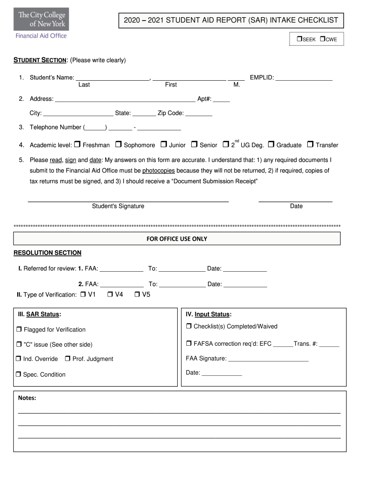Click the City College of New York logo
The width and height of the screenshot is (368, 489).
pos(41,23)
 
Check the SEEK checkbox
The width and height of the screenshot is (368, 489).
pos(299,39)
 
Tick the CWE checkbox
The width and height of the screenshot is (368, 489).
pos(323,39)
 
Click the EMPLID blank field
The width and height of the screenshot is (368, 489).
pos(304,77)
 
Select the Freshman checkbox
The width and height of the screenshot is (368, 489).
pos(78,144)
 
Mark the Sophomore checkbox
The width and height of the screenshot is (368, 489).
pos(119,144)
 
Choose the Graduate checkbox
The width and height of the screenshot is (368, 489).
pos(271,144)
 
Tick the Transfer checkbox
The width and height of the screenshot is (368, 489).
pos(310,144)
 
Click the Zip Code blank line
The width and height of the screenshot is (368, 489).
pos(199,114)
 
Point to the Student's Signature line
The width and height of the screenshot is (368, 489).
pos(128,200)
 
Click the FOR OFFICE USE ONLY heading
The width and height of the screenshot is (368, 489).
pos(177,238)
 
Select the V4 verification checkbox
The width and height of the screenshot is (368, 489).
pos(110,294)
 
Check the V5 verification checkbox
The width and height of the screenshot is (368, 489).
pos(137,294)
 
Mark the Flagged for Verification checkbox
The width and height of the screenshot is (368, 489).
pos(19,329)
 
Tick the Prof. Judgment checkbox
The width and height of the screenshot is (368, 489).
pos(67,359)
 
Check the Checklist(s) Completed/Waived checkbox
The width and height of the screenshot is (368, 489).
pos(189,326)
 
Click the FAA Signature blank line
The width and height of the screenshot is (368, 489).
pos(268,358)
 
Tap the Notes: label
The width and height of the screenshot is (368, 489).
pos(27,398)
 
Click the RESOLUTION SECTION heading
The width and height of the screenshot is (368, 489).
pos(47,253)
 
